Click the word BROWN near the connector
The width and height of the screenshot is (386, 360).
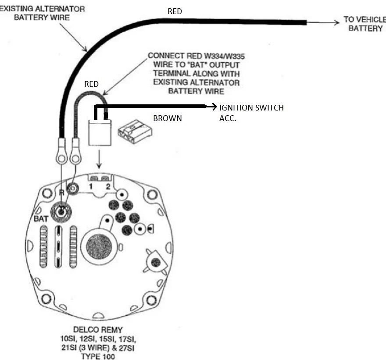tap(167, 118)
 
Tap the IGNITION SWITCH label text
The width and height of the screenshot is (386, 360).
tap(251, 108)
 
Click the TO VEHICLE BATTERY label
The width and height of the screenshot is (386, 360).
tap(363, 25)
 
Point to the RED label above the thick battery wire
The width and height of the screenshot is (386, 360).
tap(175, 11)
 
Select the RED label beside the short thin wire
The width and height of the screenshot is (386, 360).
tap(91, 84)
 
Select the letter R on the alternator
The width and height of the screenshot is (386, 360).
tap(62, 193)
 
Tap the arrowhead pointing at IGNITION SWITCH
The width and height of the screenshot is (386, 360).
tap(214, 107)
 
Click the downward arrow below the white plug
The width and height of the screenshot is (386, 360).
tap(100, 166)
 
